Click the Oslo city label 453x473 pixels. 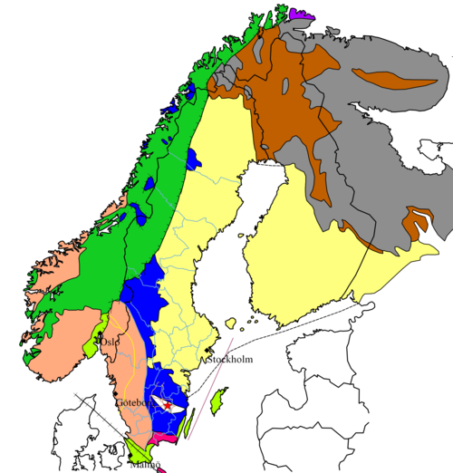click(x=110, y=343)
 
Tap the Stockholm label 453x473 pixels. click(x=230, y=360)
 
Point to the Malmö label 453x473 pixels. click(x=145, y=465)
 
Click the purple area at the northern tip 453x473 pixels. click(x=303, y=14)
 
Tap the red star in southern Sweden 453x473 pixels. click(x=167, y=404)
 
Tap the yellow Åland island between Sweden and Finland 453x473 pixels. click(x=230, y=323)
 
